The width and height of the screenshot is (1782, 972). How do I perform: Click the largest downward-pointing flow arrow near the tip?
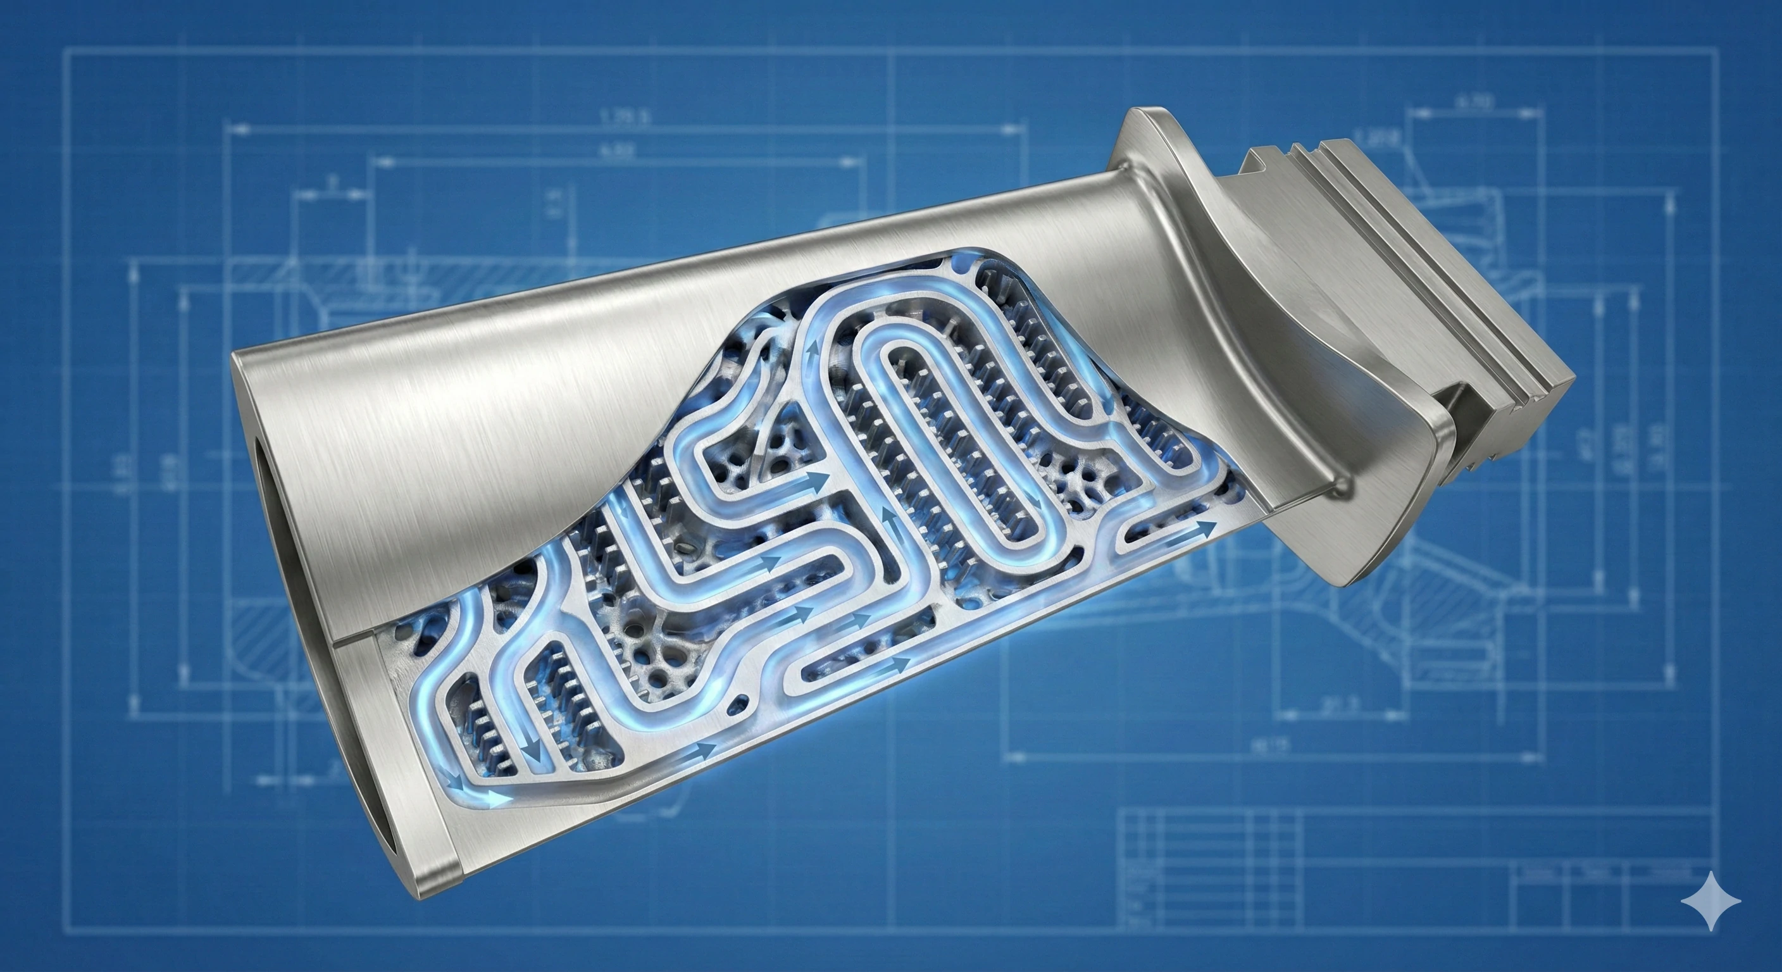point(532,768)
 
